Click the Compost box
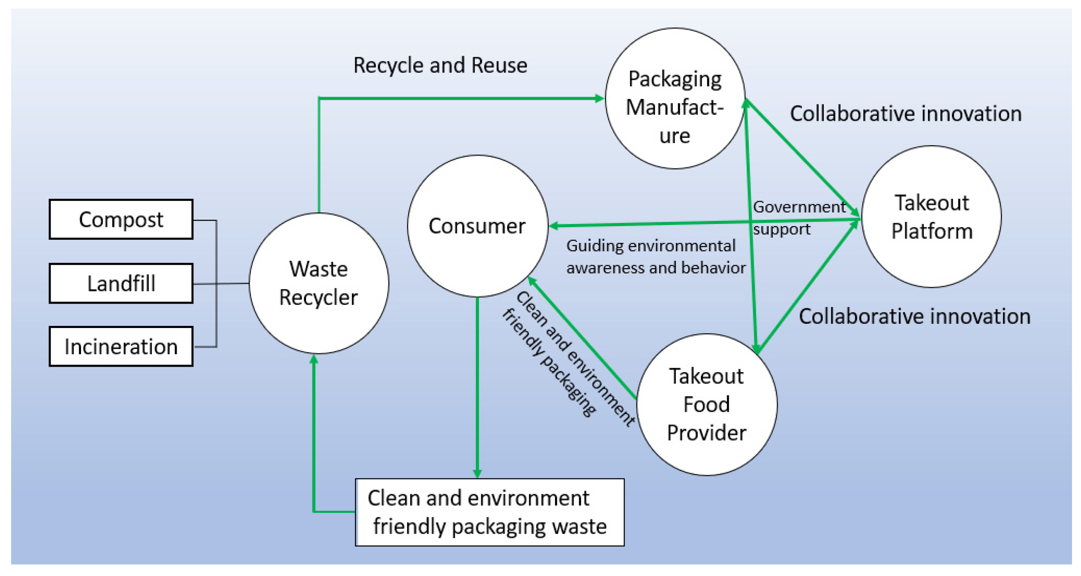click(x=121, y=219)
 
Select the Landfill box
click(x=121, y=283)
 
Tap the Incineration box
click(x=121, y=346)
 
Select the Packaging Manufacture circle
click(x=675, y=98)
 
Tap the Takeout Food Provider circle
click(x=706, y=404)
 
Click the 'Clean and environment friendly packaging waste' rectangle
click(x=489, y=512)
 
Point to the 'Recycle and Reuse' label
click(x=440, y=66)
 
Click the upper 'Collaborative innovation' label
click(x=905, y=114)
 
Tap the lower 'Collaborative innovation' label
click(x=914, y=316)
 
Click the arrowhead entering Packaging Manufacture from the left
click(x=599, y=98)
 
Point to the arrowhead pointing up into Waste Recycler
click(x=314, y=360)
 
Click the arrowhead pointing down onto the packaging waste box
click(x=477, y=473)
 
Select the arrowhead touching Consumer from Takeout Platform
click(x=554, y=226)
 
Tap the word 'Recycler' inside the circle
click(x=318, y=297)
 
